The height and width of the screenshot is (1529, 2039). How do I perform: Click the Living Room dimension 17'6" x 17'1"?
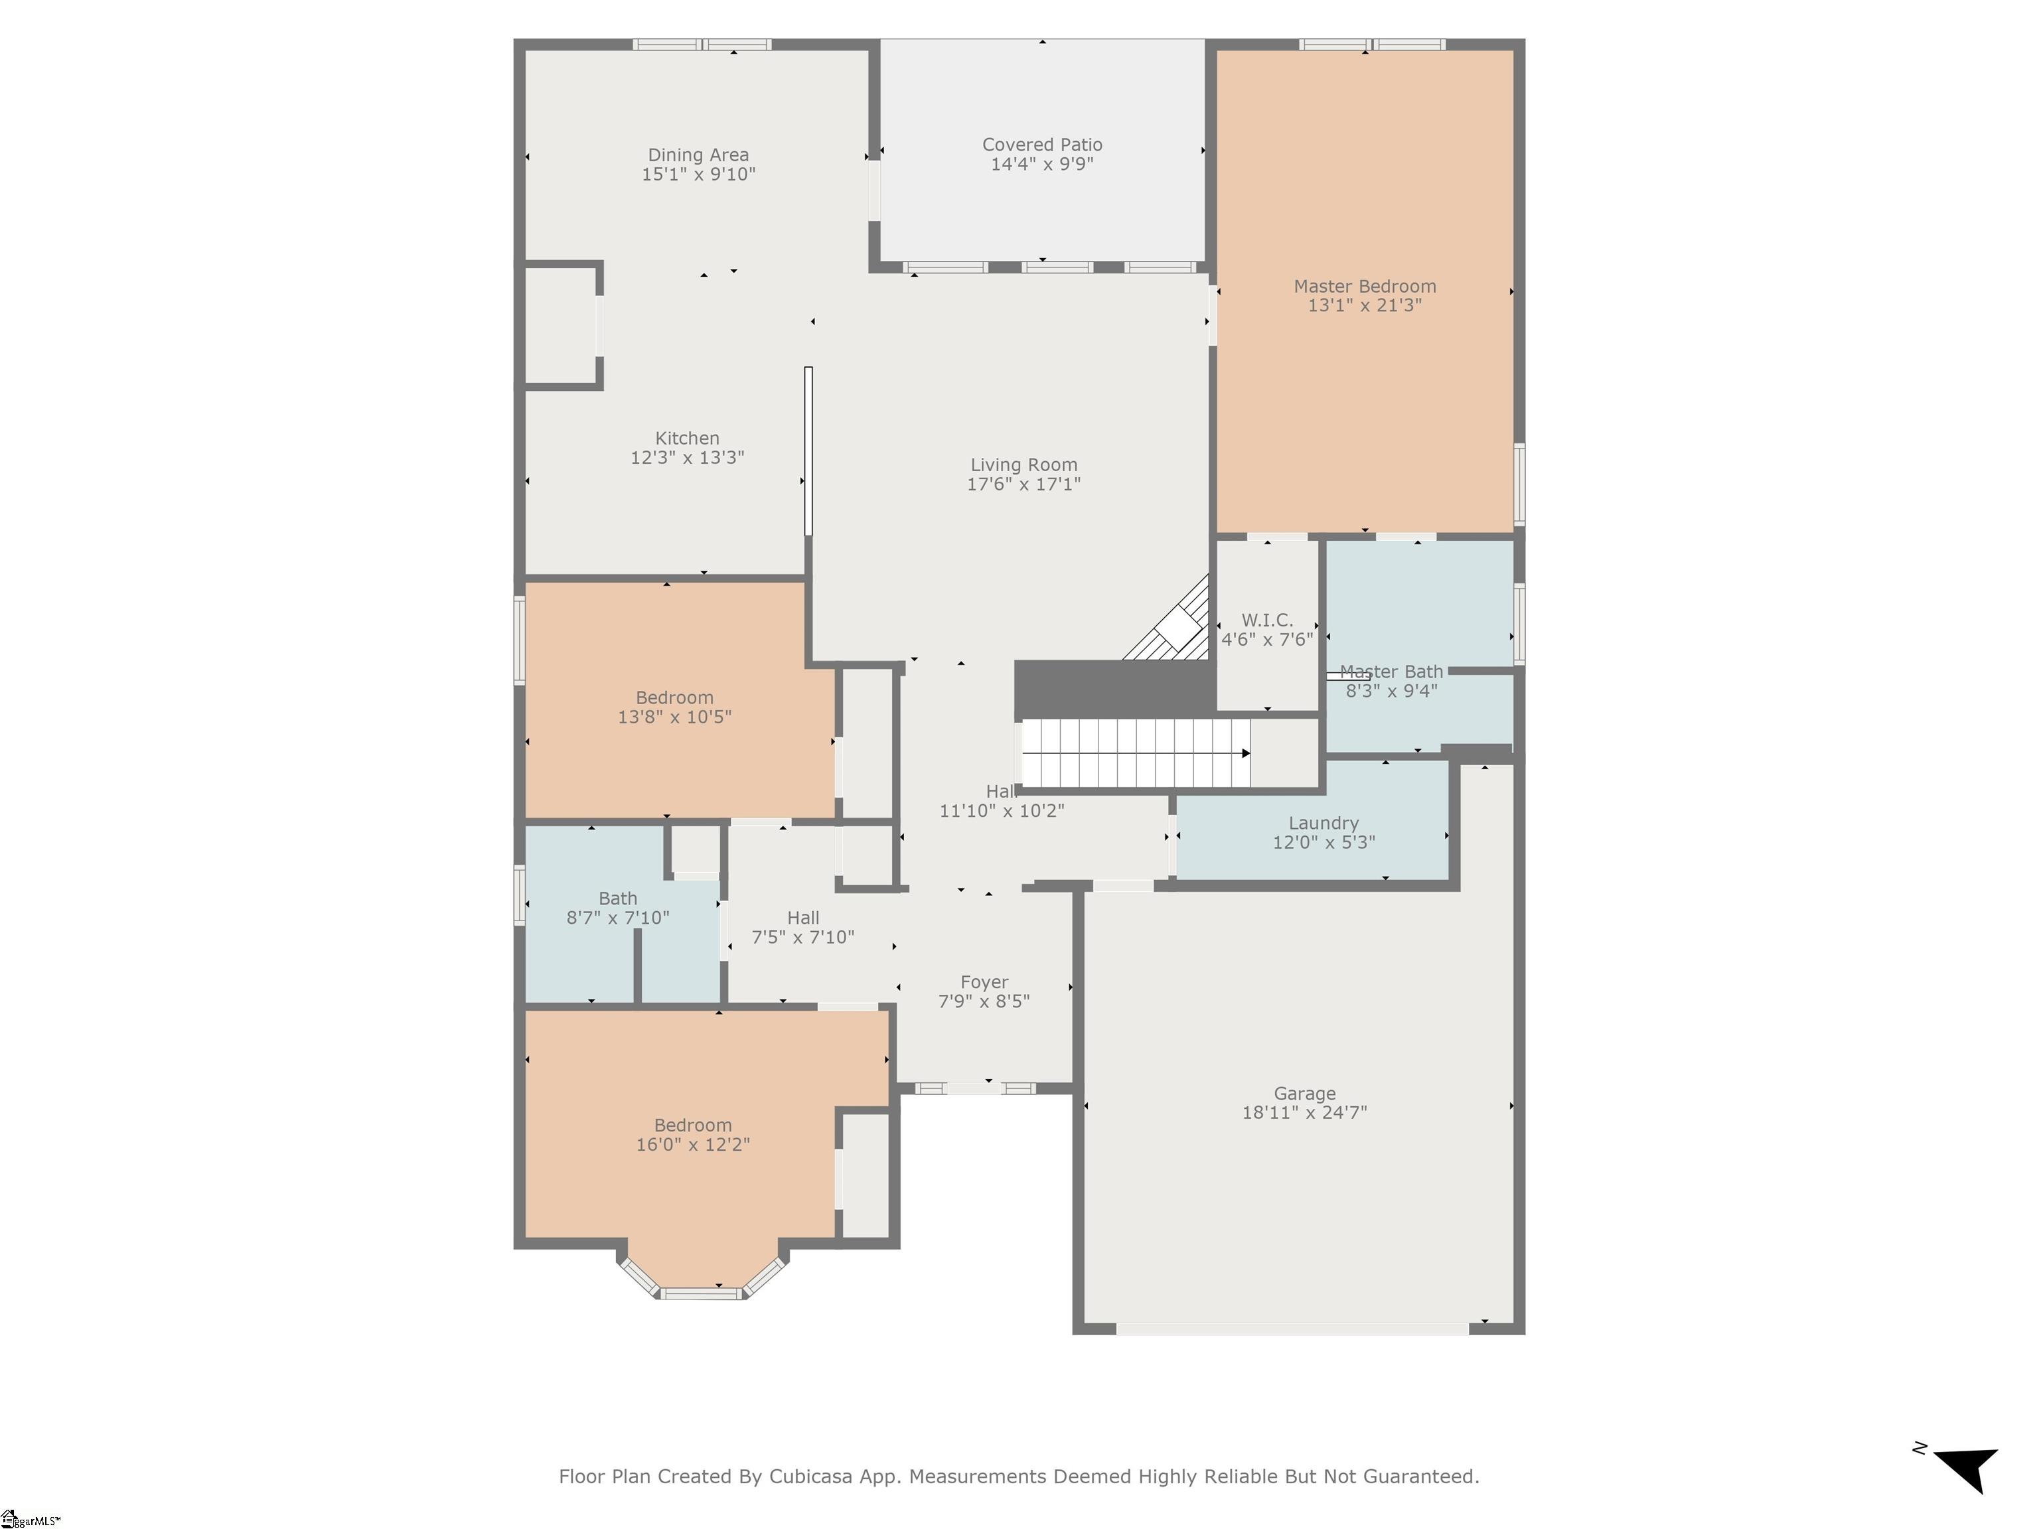(1023, 484)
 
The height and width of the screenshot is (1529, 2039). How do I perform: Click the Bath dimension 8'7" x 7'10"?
(617, 918)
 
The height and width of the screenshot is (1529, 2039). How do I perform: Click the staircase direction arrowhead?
(1246, 753)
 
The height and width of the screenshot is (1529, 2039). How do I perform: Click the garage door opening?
(1292, 1329)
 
